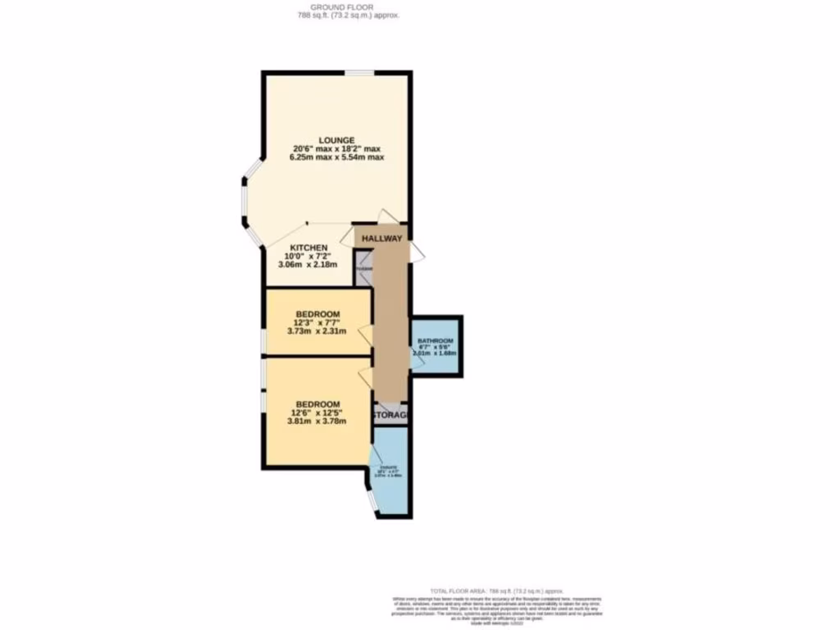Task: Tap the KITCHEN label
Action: click(x=308, y=248)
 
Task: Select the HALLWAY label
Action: click(x=383, y=239)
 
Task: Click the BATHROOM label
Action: click(x=435, y=340)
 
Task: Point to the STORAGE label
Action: click(x=390, y=416)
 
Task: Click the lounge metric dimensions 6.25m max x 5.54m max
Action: click(x=337, y=157)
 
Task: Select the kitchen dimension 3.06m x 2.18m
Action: click(x=308, y=266)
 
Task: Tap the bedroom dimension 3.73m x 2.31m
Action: click(x=317, y=332)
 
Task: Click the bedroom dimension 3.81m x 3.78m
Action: click(x=317, y=422)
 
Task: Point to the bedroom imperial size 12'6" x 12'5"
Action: click(x=317, y=413)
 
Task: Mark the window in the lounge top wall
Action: click(x=358, y=73)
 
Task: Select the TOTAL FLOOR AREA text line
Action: click(x=498, y=591)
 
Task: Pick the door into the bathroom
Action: click(x=418, y=361)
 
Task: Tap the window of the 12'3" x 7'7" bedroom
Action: click(x=262, y=336)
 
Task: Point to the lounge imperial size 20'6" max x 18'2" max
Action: click(x=337, y=148)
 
